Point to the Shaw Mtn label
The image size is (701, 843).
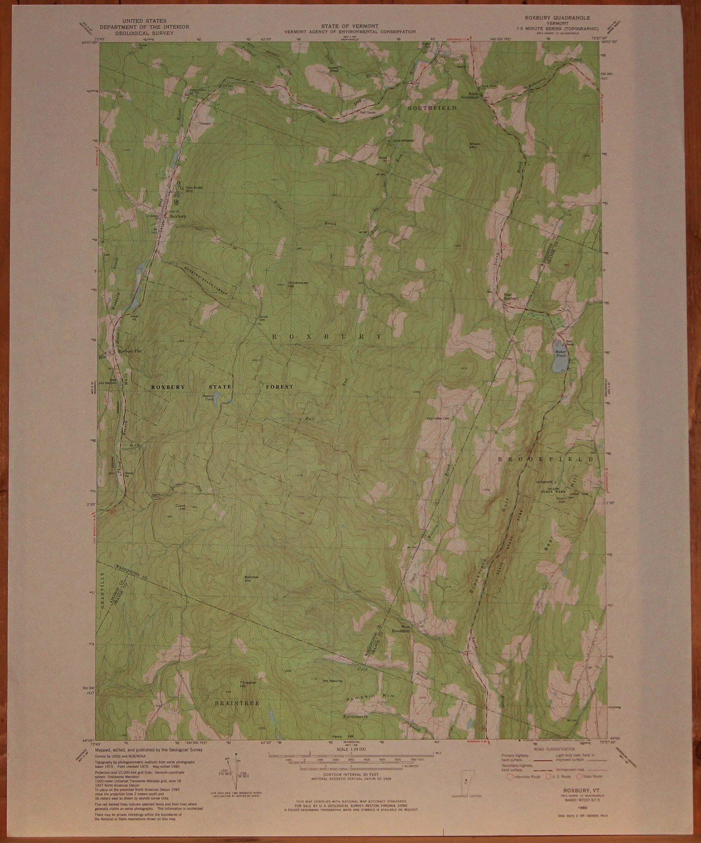(x=474, y=145)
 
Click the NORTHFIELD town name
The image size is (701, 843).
(x=432, y=108)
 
